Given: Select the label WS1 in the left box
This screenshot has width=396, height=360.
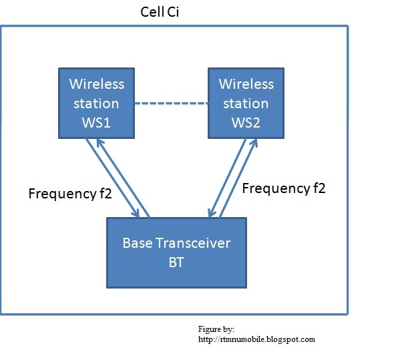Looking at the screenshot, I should pyautogui.click(x=96, y=123).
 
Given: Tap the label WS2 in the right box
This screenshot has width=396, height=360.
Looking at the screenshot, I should pyautogui.click(x=246, y=123).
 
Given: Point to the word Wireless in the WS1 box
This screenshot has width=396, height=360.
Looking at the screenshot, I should pyautogui.click(x=97, y=84).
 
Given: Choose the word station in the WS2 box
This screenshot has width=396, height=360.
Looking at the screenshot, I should pyautogui.click(x=246, y=104).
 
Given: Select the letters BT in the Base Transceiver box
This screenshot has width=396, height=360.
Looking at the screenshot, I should pyautogui.click(x=176, y=262).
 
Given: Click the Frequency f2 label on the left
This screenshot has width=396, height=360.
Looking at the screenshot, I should pyautogui.click(x=70, y=194).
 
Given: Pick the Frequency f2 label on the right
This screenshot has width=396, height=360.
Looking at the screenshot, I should pyautogui.click(x=284, y=188).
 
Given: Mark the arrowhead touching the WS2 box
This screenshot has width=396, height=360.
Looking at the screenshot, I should pyautogui.click(x=253, y=142).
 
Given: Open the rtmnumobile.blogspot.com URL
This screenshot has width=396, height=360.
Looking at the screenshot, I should pyautogui.click(x=256, y=339).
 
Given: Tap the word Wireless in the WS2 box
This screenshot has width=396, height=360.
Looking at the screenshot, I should pyautogui.click(x=246, y=84).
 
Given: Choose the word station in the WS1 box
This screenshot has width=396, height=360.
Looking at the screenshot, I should pyautogui.click(x=97, y=104).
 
